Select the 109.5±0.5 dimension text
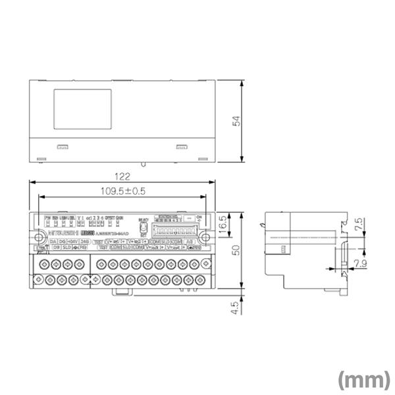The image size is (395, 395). click(122, 192)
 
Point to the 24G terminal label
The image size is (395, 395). click(84, 242)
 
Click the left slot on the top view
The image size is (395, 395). click(62, 147)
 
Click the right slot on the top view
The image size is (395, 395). click(181, 147)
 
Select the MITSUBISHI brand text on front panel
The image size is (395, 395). click(63, 233)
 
